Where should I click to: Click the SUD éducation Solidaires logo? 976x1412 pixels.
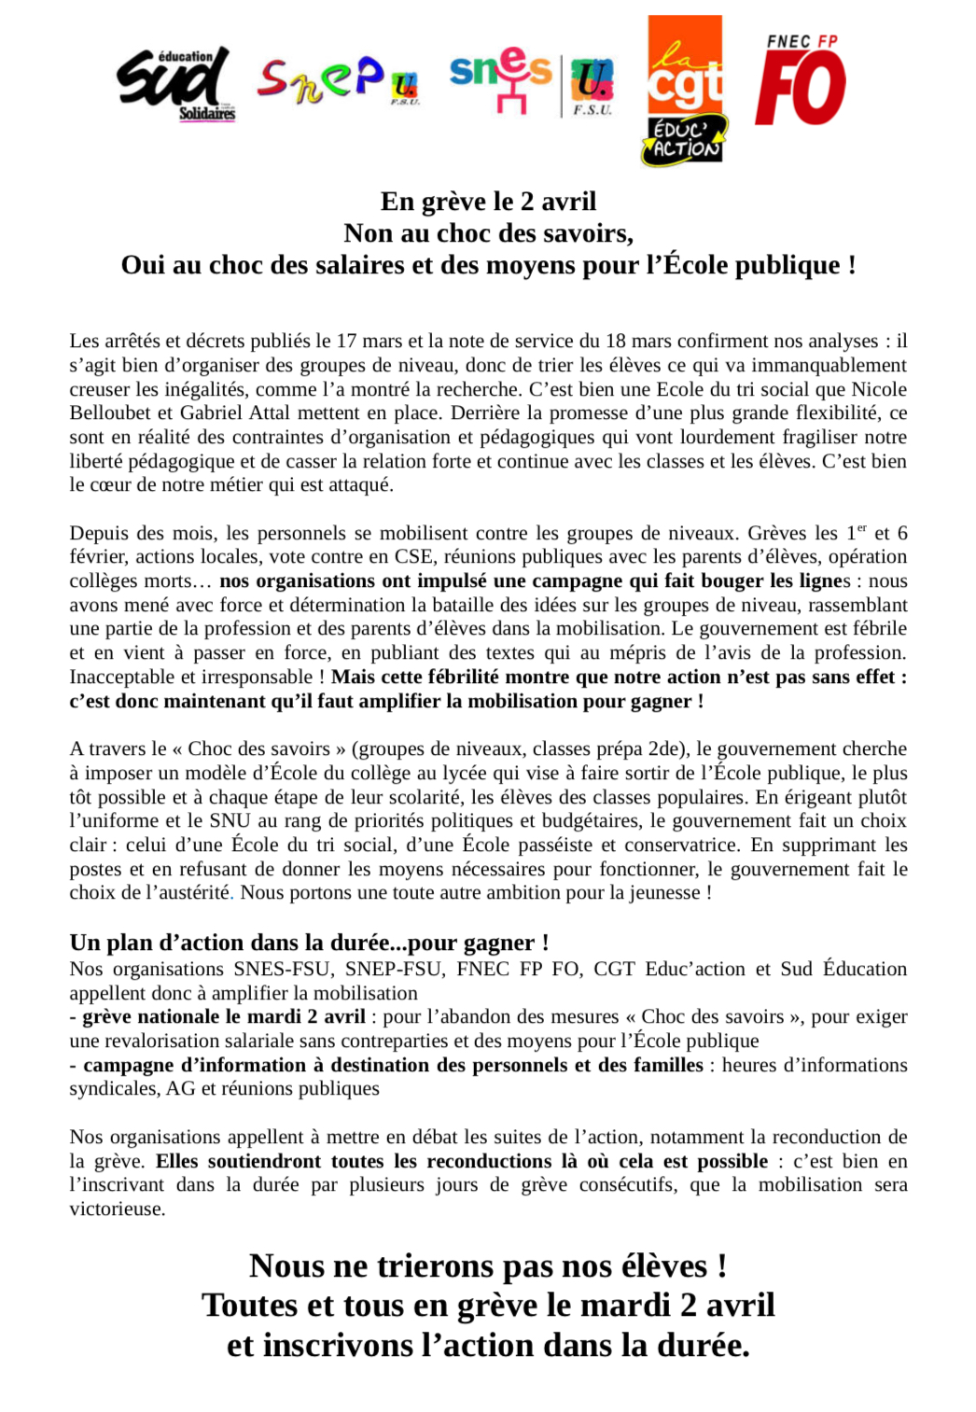point(175,84)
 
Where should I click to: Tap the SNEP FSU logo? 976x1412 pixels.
point(337,80)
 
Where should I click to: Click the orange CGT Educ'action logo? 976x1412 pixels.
point(685,91)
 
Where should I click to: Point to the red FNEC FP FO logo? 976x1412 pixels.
point(801,80)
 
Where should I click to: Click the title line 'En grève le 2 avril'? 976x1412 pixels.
point(488,202)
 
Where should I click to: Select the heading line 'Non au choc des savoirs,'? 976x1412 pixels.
point(488,233)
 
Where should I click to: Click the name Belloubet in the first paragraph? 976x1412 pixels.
point(108,413)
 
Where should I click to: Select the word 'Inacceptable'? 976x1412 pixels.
point(125,678)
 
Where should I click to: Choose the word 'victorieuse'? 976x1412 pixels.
point(117,1209)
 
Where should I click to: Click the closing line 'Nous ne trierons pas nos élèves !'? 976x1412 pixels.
point(488,1266)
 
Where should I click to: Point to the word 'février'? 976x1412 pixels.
point(97,557)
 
